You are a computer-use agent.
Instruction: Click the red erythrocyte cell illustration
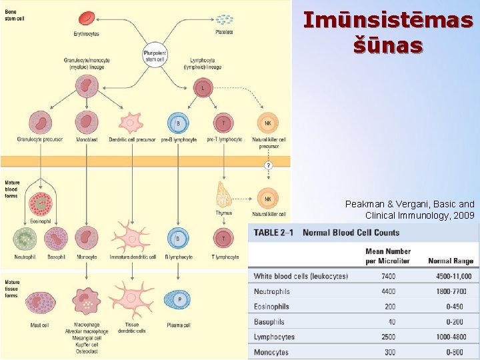(x=87, y=18)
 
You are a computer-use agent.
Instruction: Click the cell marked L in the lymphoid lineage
(x=203, y=87)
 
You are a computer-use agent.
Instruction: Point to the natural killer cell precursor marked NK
(x=267, y=123)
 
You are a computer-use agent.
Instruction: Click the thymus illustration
(x=223, y=195)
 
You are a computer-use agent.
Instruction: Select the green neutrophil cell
(x=25, y=239)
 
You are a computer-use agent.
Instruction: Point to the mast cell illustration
(x=25, y=303)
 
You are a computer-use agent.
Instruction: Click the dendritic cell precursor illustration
(x=131, y=123)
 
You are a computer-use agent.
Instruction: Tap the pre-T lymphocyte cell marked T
(x=223, y=123)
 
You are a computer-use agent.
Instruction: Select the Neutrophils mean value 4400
(x=388, y=291)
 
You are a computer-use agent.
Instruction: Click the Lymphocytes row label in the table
(x=274, y=337)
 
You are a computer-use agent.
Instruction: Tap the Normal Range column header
(x=450, y=261)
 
